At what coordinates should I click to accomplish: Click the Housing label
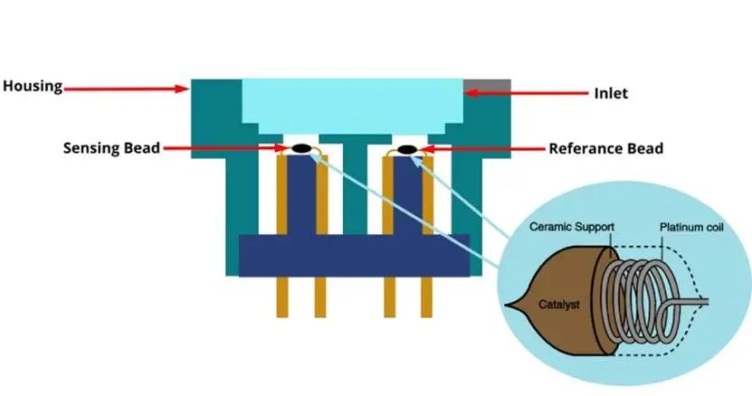point(32,87)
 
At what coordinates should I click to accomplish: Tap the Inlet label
point(613,92)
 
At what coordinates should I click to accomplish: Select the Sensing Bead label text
point(110,147)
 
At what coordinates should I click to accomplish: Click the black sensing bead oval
point(300,148)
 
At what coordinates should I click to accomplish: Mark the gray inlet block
point(487,89)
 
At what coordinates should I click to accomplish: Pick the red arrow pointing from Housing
point(127,88)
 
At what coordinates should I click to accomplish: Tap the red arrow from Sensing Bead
point(226,148)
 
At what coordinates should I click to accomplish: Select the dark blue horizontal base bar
point(354,255)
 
